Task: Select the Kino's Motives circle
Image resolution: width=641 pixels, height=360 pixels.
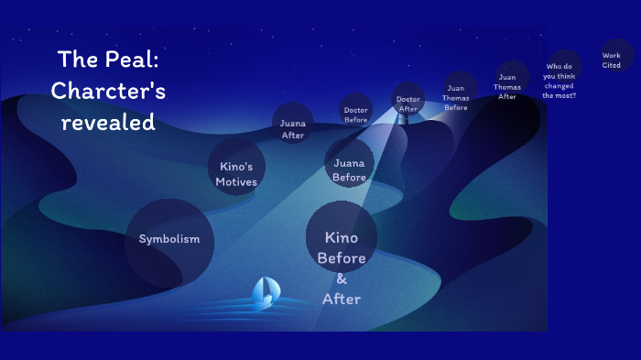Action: pos(236,168)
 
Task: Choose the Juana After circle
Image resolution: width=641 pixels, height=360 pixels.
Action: pos(293,124)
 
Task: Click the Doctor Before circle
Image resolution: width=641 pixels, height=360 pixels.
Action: pos(356,110)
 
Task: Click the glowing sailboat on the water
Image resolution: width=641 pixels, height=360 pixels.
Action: pos(266,293)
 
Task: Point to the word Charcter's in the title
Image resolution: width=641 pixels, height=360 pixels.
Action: pos(108,91)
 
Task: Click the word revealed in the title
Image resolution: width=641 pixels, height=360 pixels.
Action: pos(108,121)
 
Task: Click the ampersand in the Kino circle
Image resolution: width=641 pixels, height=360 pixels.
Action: pos(342,278)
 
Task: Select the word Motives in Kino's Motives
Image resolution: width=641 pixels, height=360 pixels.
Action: pos(236,181)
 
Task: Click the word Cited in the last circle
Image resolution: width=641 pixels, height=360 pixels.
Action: pos(612,65)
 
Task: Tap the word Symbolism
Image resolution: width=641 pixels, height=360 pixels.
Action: pos(169,240)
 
